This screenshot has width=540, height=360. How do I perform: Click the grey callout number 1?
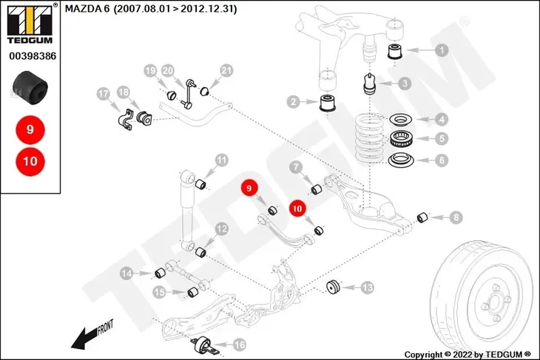coord(442,51)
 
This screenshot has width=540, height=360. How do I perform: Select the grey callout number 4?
coord(442,119)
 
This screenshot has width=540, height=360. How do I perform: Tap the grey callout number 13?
coord(367,287)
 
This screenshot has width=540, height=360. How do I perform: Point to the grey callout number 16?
coord(238,344)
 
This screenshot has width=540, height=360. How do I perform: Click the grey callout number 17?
coord(104,94)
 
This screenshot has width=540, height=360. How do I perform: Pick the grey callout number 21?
coord(226,71)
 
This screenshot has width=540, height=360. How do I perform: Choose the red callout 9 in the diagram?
coord(249,189)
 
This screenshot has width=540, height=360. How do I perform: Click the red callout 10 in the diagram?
coord(297,209)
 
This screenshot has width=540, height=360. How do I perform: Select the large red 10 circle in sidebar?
coord(30,159)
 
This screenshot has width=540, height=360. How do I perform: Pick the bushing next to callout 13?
coord(334,287)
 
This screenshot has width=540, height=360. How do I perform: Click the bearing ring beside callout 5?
coord(402,138)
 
